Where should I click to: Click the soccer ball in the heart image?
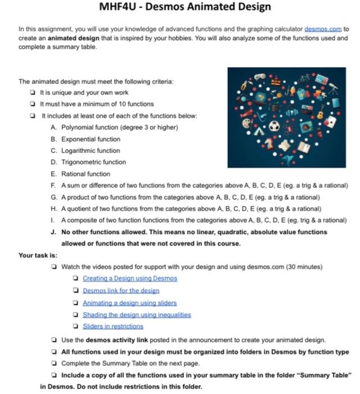click(x=274, y=127)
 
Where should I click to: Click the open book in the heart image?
click(x=304, y=147)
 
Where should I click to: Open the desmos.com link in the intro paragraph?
click(x=322, y=28)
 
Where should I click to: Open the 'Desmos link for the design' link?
click(x=120, y=290)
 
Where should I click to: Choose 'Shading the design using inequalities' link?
click(x=137, y=315)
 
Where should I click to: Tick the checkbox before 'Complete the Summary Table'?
click(x=53, y=363)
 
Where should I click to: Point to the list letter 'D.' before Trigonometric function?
click(x=53, y=162)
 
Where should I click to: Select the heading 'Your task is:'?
click(x=38, y=255)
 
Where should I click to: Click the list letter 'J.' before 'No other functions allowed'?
click(x=53, y=232)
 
